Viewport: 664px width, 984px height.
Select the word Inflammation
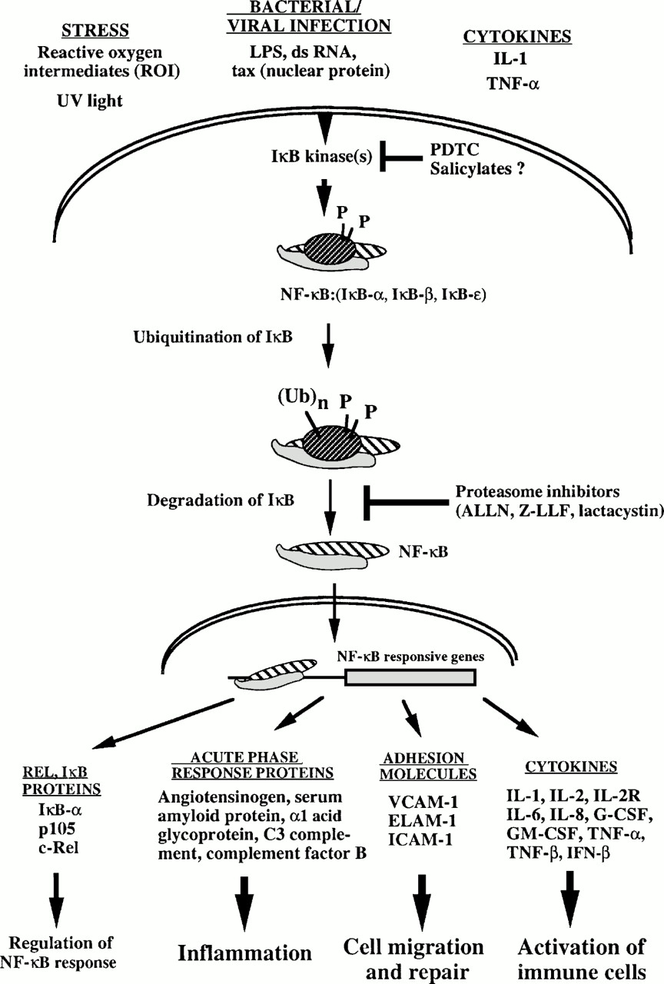pos(245,953)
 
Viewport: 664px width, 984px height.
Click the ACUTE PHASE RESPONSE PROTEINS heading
pos(256,766)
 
